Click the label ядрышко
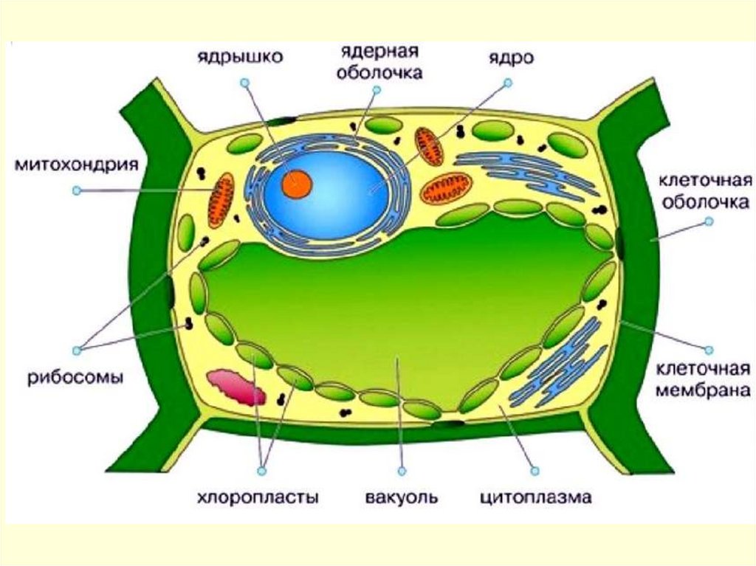pyautogui.click(x=238, y=56)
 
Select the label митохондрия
pyautogui.click(x=77, y=163)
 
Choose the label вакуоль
pyautogui.click(x=401, y=497)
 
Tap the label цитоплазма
pyautogui.click(x=535, y=497)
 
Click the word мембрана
pyautogui.click(x=704, y=391)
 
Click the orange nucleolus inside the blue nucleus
pyautogui.click(x=300, y=182)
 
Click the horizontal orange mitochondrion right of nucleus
pyautogui.click(x=445, y=188)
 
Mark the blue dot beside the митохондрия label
pyautogui.click(x=76, y=190)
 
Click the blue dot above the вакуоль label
pyautogui.click(x=401, y=469)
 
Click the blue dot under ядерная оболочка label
pyautogui.click(x=377, y=90)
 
